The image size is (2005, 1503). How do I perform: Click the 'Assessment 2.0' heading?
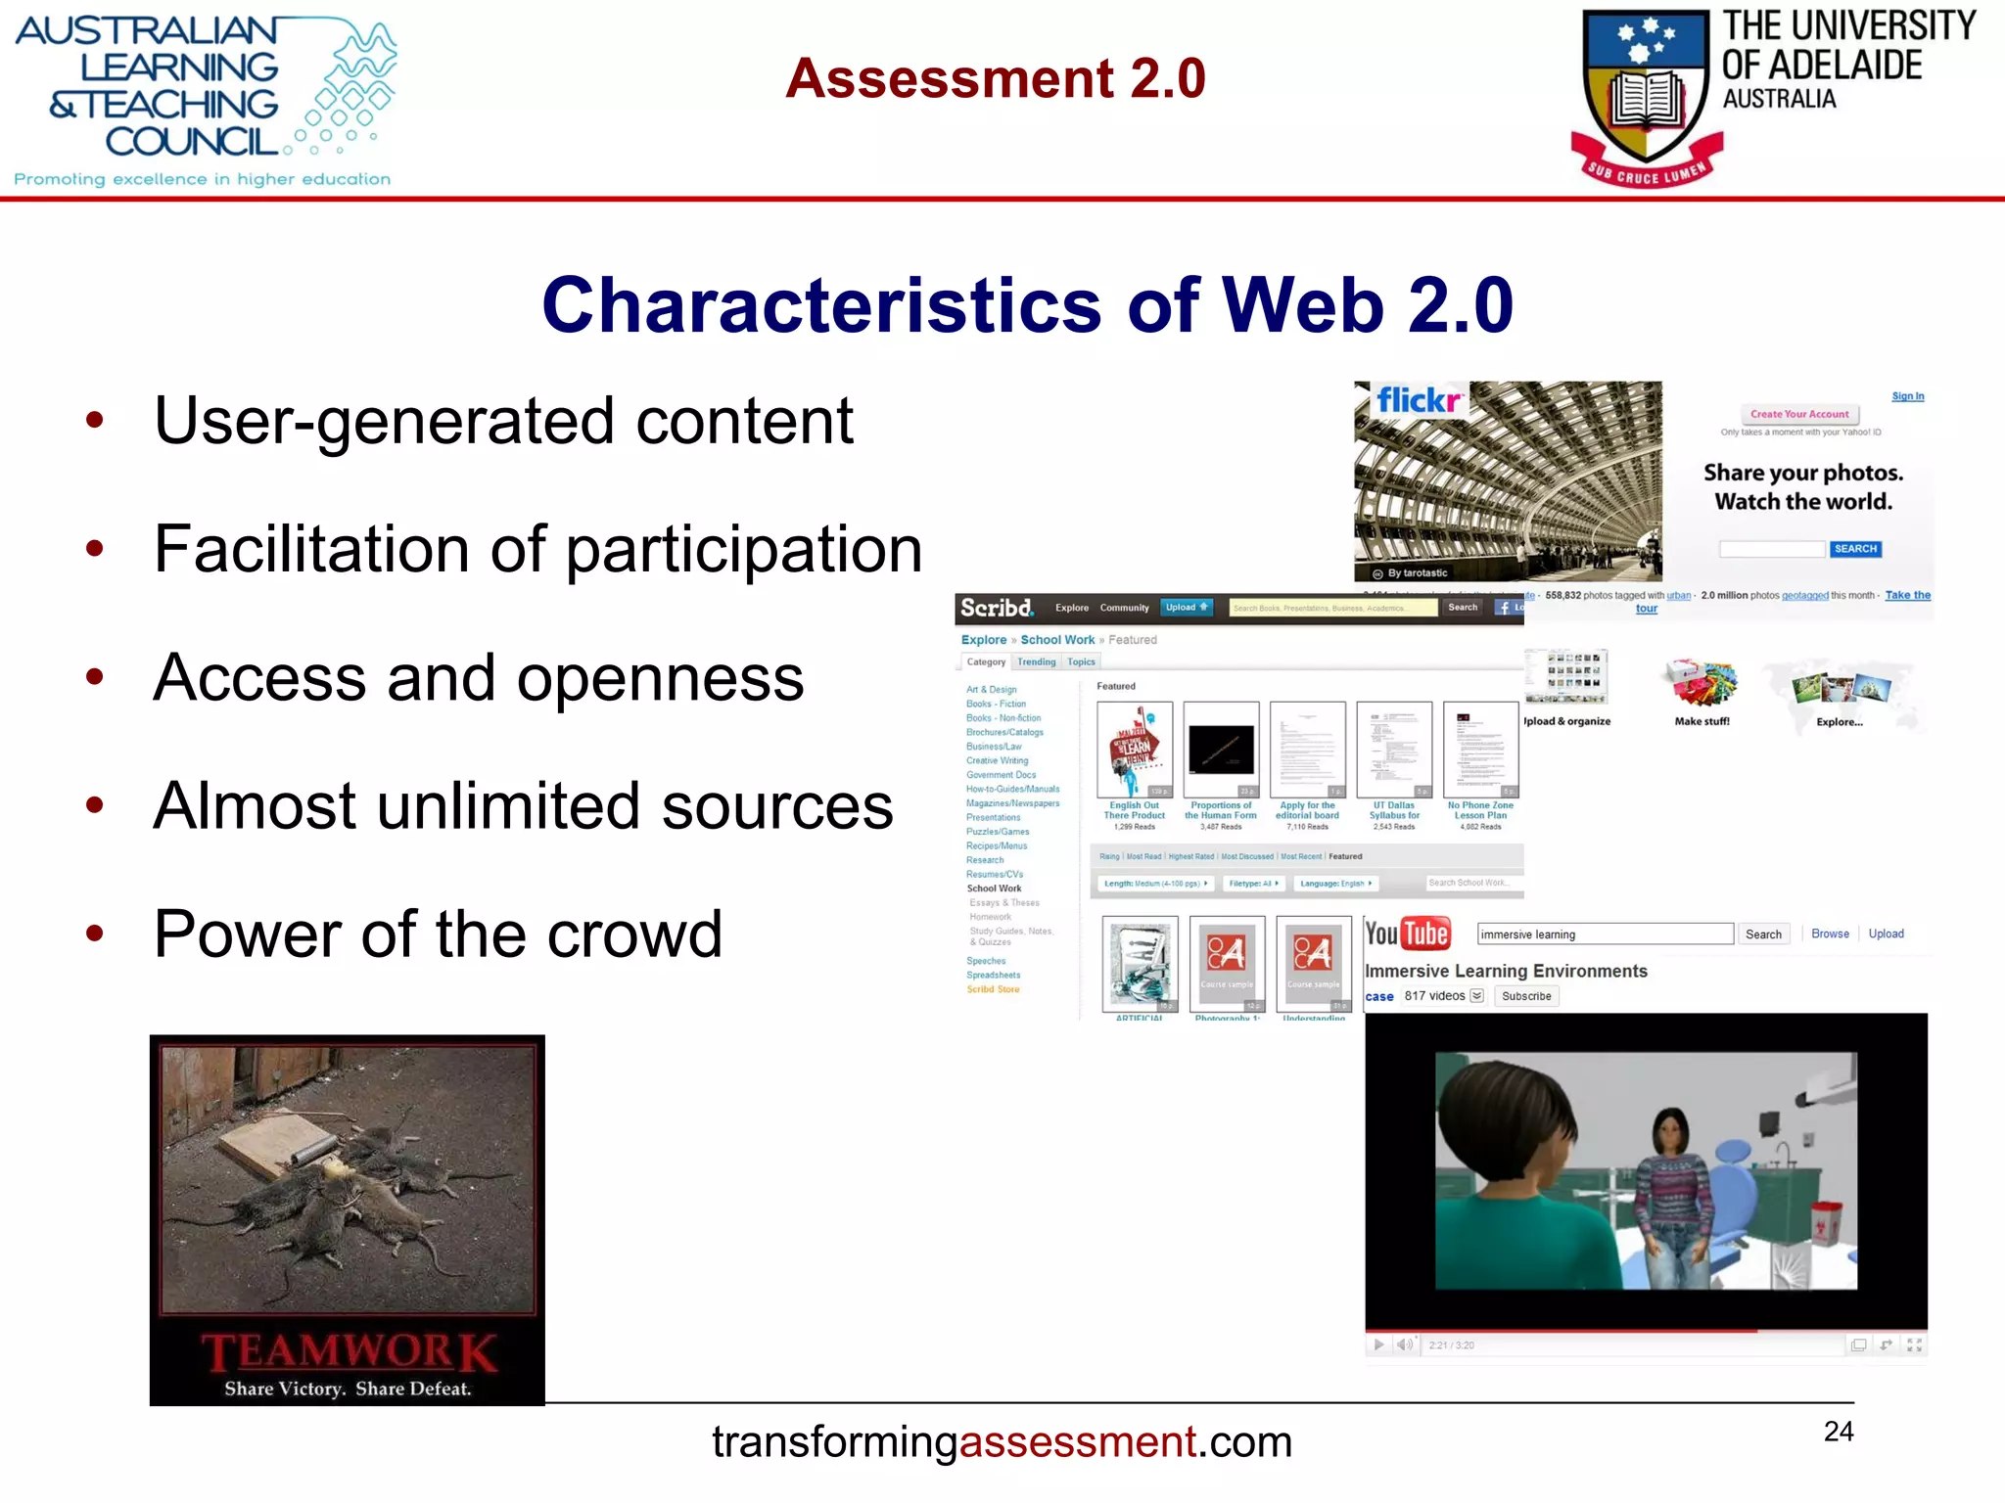tap(995, 78)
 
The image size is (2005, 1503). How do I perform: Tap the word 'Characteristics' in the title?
tap(820, 305)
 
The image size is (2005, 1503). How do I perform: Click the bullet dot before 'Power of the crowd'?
tap(95, 934)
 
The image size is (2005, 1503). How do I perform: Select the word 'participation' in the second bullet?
tap(744, 550)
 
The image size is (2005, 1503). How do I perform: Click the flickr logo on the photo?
tap(1418, 401)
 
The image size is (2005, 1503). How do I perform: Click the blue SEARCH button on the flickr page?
tap(1855, 549)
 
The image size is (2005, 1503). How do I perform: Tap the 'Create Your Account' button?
tap(1799, 414)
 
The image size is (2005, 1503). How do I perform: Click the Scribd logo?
tap(996, 608)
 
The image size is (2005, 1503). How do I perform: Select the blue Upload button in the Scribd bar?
tap(1186, 608)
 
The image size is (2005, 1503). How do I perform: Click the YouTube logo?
tap(1407, 934)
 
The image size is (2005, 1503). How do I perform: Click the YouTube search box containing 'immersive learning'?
tap(1604, 934)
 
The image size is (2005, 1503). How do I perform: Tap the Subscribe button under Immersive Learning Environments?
tap(1526, 996)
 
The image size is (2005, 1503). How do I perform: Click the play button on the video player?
tap(1378, 1344)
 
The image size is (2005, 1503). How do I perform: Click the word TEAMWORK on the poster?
tap(349, 1352)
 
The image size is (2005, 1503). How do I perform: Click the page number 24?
tap(1839, 1432)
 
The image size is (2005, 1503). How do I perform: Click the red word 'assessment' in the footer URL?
tap(1078, 1442)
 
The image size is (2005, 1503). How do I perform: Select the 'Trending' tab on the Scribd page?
tap(1036, 662)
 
